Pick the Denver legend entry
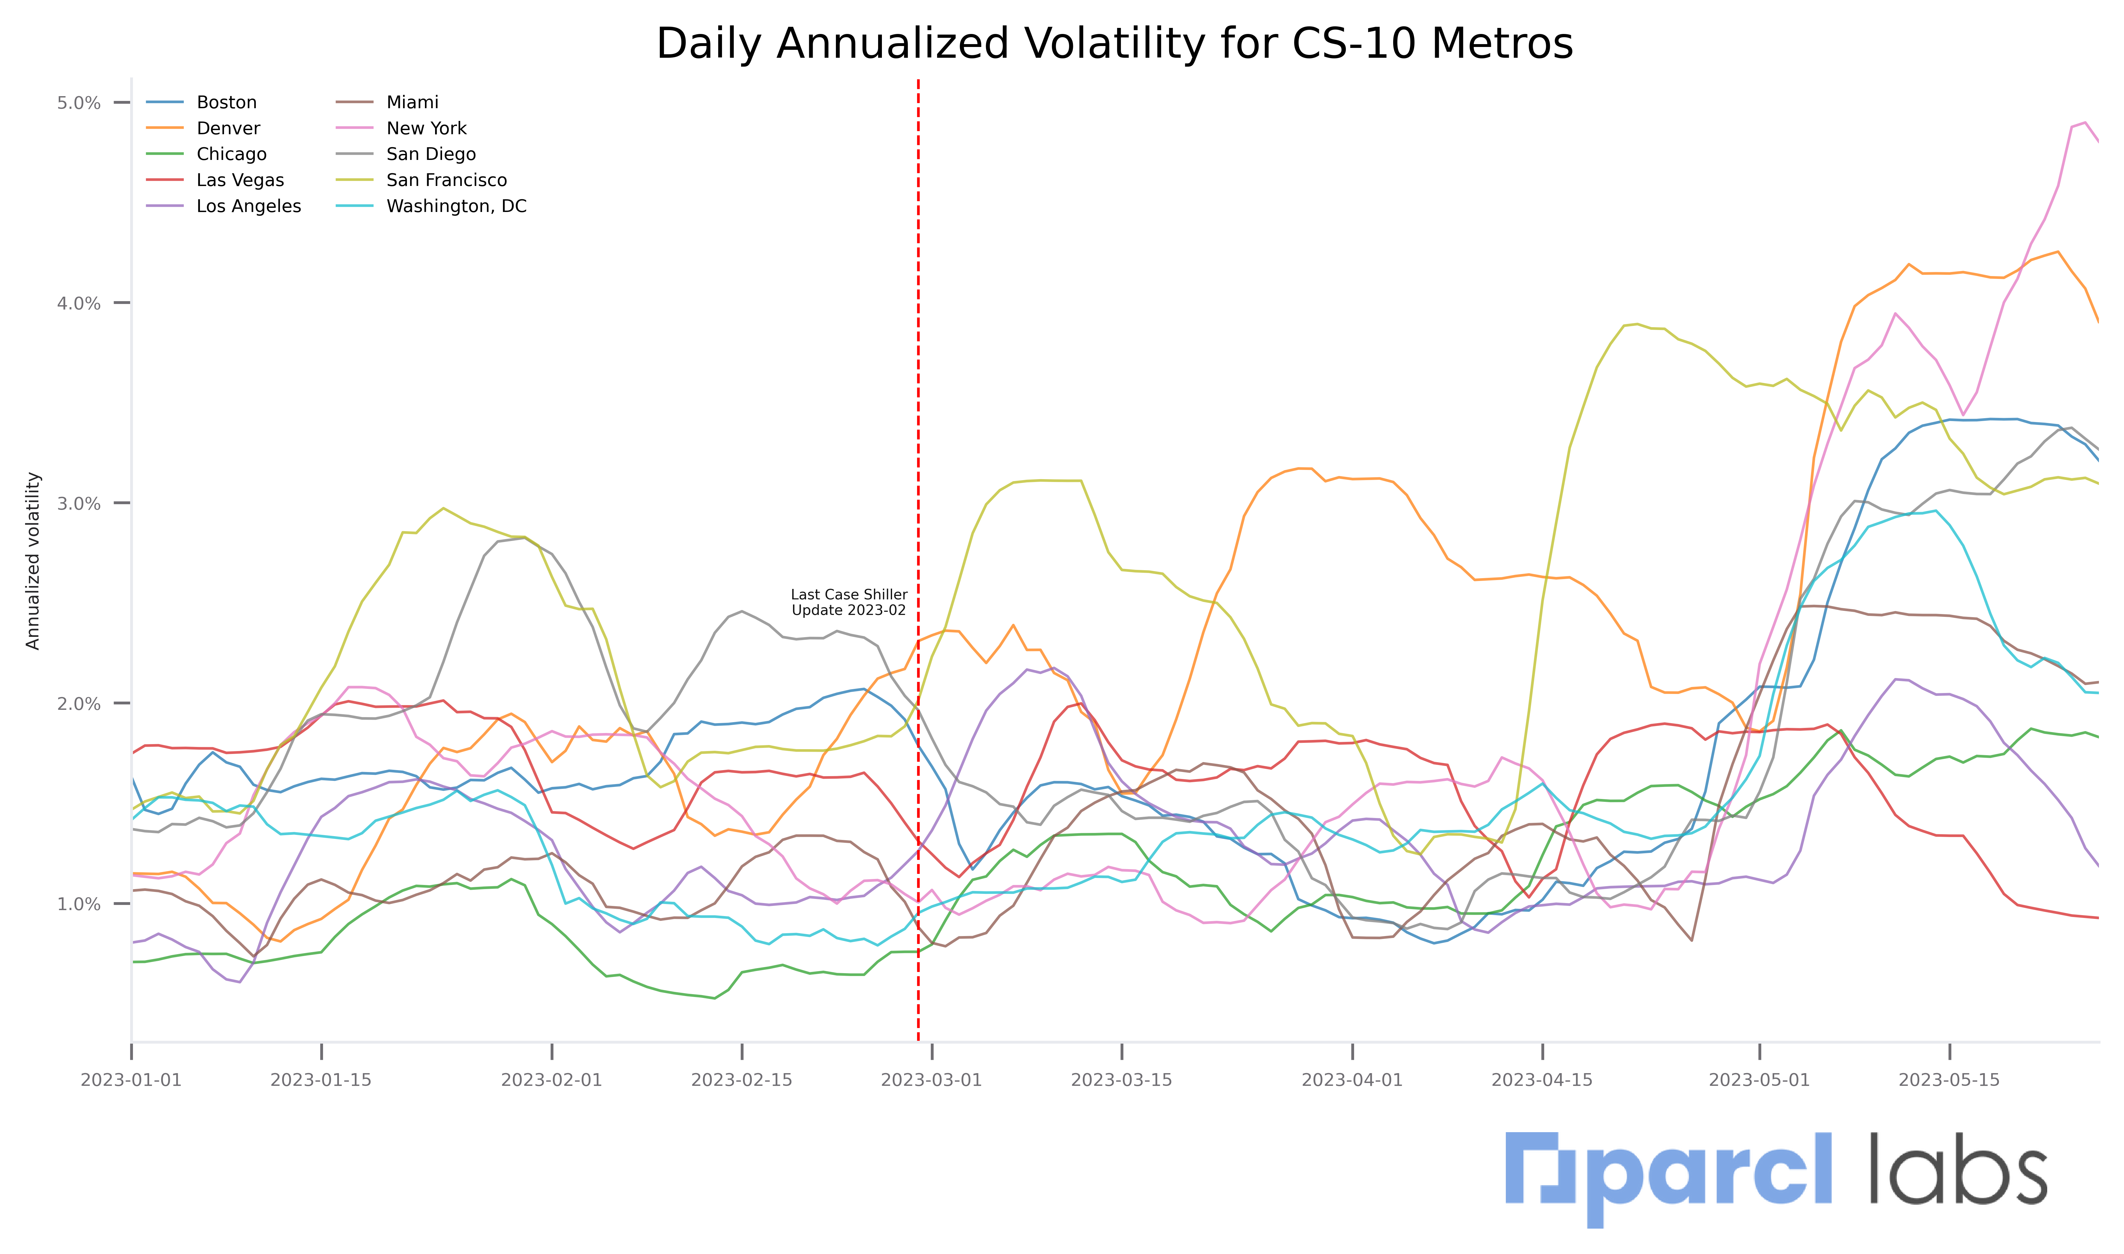pos(228,129)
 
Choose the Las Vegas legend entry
pos(240,180)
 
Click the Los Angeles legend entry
pos(248,206)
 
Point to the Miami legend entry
pos(412,102)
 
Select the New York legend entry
pos(426,129)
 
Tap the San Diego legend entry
pos(431,155)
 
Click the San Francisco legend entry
pos(446,180)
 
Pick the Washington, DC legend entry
pos(456,206)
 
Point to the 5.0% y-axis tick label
pos(79,103)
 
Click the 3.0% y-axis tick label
pos(79,504)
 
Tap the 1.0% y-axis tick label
pos(79,904)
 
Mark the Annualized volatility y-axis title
pos(33,561)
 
